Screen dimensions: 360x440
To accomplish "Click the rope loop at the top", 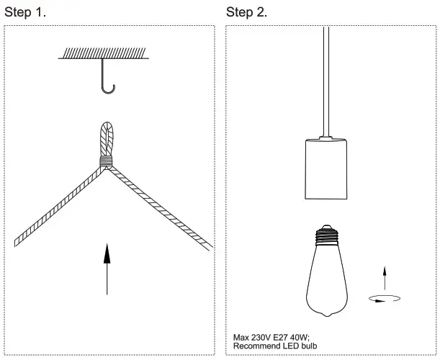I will pos(107,137).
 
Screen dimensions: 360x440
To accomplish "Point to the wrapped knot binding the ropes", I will pos(107,162).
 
